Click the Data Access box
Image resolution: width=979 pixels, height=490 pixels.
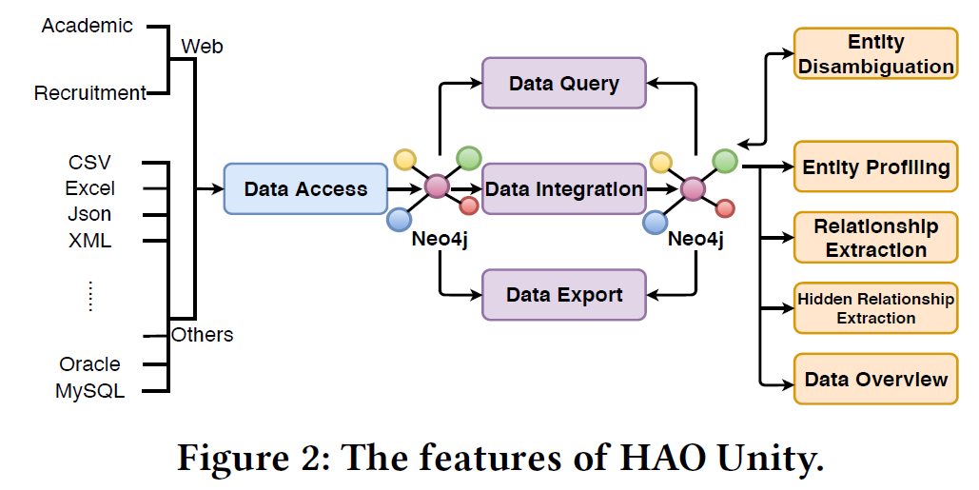click(x=305, y=188)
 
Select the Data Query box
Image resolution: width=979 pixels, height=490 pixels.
click(x=563, y=84)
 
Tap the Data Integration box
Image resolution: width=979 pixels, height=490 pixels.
click(x=563, y=188)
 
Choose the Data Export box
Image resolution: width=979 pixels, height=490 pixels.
click(x=563, y=294)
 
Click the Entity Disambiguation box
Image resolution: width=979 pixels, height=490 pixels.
click(x=875, y=54)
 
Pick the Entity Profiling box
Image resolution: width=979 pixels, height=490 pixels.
click(x=875, y=167)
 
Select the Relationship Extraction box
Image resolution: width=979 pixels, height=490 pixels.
click(x=875, y=238)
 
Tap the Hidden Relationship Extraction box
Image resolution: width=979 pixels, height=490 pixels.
click(x=875, y=308)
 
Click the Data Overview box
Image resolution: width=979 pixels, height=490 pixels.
click(x=875, y=380)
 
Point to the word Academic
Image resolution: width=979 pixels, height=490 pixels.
click(x=88, y=26)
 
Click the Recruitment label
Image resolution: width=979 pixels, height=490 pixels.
click(x=90, y=93)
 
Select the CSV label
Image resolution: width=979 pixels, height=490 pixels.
click(x=89, y=163)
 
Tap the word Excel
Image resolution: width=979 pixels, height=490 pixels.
click(x=89, y=188)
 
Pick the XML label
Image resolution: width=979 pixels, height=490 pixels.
click(x=89, y=240)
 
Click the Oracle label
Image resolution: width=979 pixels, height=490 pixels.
click(x=89, y=364)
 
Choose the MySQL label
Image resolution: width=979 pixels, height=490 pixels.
click(x=89, y=390)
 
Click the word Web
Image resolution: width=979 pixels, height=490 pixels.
click(x=202, y=46)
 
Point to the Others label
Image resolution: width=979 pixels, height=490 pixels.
click(x=202, y=335)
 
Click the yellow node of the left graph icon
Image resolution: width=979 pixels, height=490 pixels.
click(x=404, y=159)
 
